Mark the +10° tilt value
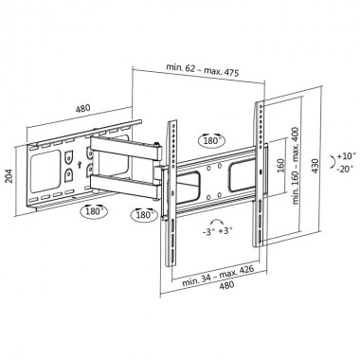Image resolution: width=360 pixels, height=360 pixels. [347, 153]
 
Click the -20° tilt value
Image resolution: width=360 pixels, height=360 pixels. [347, 170]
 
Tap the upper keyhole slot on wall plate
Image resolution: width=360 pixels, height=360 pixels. [68, 152]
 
